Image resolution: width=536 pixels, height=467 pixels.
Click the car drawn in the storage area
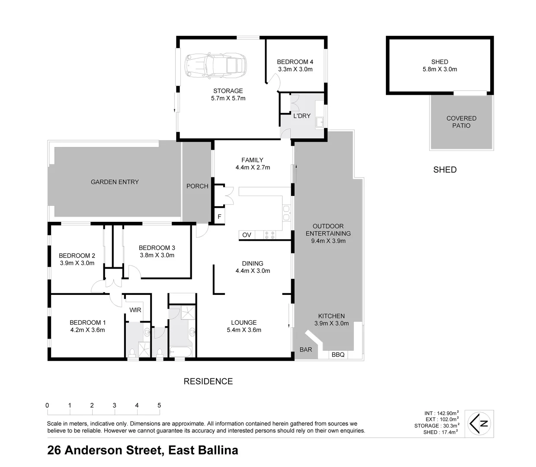point(215,66)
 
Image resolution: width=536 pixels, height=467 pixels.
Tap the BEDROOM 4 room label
point(295,62)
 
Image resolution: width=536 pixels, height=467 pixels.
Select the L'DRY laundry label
point(302,116)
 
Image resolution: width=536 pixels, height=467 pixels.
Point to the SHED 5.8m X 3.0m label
point(440,65)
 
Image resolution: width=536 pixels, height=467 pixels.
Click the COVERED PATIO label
point(461,122)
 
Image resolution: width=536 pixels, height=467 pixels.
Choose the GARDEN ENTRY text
point(115,182)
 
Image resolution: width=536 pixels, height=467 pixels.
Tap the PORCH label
point(197,186)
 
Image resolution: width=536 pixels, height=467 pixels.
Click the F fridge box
point(220,217)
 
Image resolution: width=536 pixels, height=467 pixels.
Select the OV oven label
point(247,235)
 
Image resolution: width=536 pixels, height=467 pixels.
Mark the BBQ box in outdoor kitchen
point(338,355)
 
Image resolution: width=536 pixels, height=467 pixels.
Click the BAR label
point(306,349)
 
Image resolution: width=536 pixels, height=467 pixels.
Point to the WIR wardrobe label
point(135,310)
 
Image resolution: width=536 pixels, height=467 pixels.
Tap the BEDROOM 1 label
point(87,323)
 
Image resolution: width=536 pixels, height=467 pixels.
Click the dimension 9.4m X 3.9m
point(328,241)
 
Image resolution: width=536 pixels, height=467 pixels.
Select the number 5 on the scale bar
point(159,405)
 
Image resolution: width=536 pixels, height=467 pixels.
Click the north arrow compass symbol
point(479,423)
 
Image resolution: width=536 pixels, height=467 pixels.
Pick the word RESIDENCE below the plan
point(208,381)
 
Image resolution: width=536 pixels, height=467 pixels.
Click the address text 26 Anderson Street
point(104,450)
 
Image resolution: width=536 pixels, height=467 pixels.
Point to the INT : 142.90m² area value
point(441,413)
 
